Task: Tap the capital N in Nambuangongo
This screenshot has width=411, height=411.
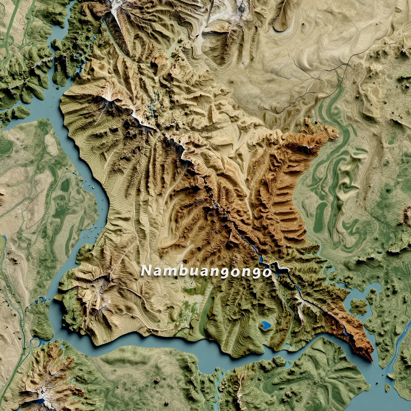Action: tap(147, 271)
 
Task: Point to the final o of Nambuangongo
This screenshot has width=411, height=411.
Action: tap(267, 273)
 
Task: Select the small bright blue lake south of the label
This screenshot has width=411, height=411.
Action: tap(265, 325)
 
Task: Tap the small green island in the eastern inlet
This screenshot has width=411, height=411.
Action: tap(358, 307)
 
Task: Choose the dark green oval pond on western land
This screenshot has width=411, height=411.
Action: tap(65, 185)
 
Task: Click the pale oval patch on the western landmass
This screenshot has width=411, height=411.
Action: tap(51, 144)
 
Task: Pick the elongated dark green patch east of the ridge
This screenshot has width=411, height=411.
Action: tap(320, 217)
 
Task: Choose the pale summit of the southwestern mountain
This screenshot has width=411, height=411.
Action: tap(98, 286)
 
